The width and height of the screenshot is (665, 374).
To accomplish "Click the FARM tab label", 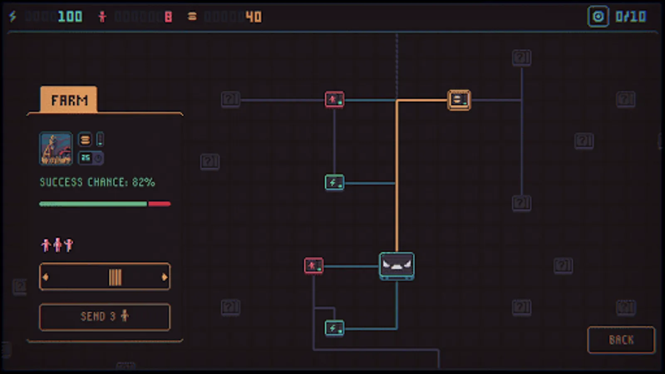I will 69,100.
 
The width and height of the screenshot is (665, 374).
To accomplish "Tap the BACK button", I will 621,340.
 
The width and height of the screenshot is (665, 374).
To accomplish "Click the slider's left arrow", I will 46,277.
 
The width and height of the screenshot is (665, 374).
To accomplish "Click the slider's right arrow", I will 165,277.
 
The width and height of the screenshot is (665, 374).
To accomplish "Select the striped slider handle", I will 115,277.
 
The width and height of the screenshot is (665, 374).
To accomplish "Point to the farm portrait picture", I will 56,148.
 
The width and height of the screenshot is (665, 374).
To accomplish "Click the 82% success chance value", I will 143,182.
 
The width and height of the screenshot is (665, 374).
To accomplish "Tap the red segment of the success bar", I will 160,204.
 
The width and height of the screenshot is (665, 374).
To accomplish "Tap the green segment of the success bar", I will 93,204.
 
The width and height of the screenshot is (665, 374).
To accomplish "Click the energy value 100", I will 70,17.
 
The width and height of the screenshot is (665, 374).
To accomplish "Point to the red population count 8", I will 168,17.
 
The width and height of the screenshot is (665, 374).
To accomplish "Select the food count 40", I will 254,17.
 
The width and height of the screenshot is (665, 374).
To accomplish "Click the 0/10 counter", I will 631,17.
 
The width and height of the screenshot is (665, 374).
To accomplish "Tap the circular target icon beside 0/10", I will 598,17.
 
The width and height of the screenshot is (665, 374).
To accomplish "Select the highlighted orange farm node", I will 459,100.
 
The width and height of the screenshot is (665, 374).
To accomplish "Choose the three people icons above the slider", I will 57,245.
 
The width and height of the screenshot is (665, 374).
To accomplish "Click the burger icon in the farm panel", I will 85,140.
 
